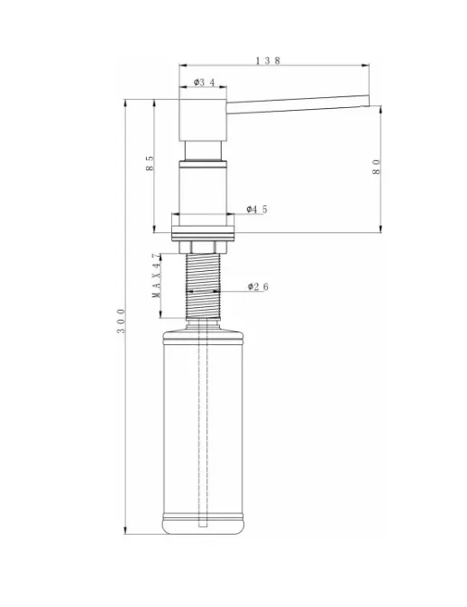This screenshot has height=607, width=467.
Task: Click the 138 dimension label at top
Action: [268, 60]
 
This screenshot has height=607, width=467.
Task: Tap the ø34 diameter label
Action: [205, 82]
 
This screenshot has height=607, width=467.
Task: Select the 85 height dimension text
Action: [150, 163]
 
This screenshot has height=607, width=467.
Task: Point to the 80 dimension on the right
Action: [376, 167]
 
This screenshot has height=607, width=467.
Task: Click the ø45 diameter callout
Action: [257, 210]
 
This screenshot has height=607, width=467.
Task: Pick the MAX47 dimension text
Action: [156, 276]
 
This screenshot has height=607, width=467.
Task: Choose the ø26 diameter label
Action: [258, 286]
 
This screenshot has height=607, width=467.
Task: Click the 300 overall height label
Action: [122, 321]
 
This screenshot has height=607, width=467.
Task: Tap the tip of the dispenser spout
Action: [368, 101]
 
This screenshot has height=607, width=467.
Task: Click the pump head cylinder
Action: [203, 120]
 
